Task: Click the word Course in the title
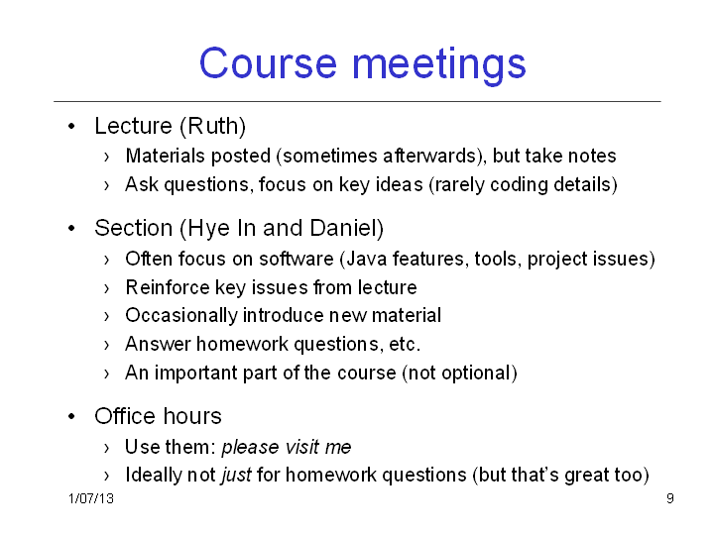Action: tap(268, 62)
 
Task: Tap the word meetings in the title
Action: tap(439, 65)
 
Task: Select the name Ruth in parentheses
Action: tap(213, 126)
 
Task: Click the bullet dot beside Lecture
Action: tap(71, 127)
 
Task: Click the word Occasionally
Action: tap(181, 316)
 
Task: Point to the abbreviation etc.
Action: tap(405, 345)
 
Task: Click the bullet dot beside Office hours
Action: tap(71, 416)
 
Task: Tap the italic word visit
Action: tap(299, 447)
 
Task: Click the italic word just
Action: tap(236, 476)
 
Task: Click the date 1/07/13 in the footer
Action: tap(91, 498)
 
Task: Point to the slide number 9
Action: tap(670, 498)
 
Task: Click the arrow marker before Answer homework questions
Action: tap(106, 346)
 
